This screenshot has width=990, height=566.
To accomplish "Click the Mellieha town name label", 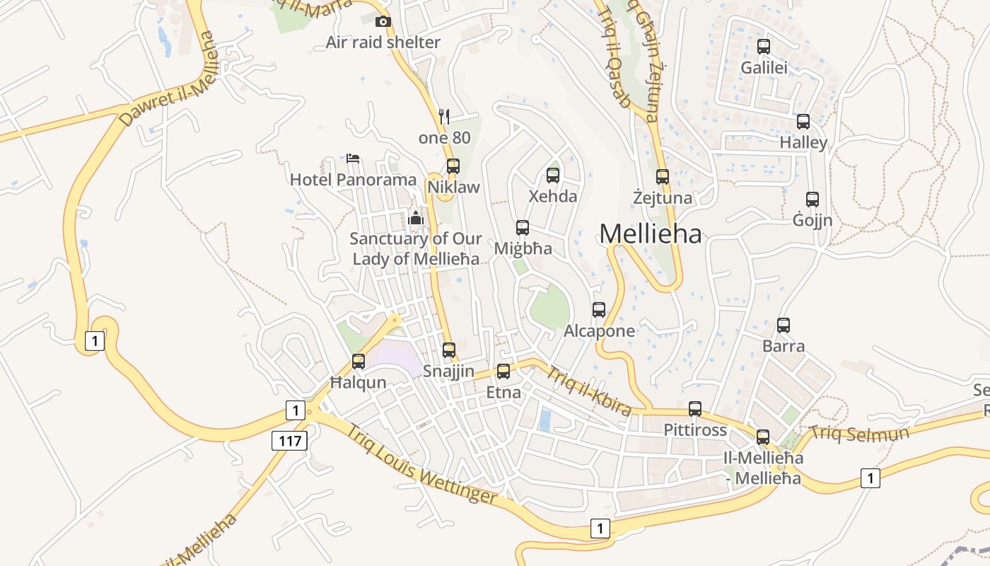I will [651, 233].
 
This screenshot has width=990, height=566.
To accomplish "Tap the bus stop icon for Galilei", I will [764, 47].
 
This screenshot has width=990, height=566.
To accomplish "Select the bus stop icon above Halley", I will [803, 122].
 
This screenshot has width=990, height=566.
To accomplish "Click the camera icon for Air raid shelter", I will [383, 22].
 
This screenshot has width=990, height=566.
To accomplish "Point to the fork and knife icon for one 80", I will [444, 116].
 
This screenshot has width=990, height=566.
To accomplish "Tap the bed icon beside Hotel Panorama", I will [353, 158].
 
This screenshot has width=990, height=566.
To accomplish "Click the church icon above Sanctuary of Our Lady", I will [416, 217].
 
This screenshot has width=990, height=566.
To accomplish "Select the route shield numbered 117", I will [290, 441].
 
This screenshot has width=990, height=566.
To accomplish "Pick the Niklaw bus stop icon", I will [453, 166].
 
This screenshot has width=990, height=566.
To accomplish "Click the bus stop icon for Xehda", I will [553, 175].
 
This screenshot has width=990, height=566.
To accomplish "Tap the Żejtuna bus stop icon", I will [663, 177].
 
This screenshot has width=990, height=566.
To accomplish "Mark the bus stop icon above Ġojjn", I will [813, 200].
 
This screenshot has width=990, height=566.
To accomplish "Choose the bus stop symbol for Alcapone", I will [599, 310].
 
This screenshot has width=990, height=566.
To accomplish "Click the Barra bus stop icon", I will [784, 325].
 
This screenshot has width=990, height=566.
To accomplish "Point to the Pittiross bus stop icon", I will [695, 409].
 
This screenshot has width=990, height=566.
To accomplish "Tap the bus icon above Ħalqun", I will [359, 362].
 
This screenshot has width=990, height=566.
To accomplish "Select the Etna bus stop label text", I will [503, 393].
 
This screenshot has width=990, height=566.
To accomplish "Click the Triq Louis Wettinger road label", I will [421, 463].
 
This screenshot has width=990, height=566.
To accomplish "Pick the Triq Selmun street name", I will [858, 432].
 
